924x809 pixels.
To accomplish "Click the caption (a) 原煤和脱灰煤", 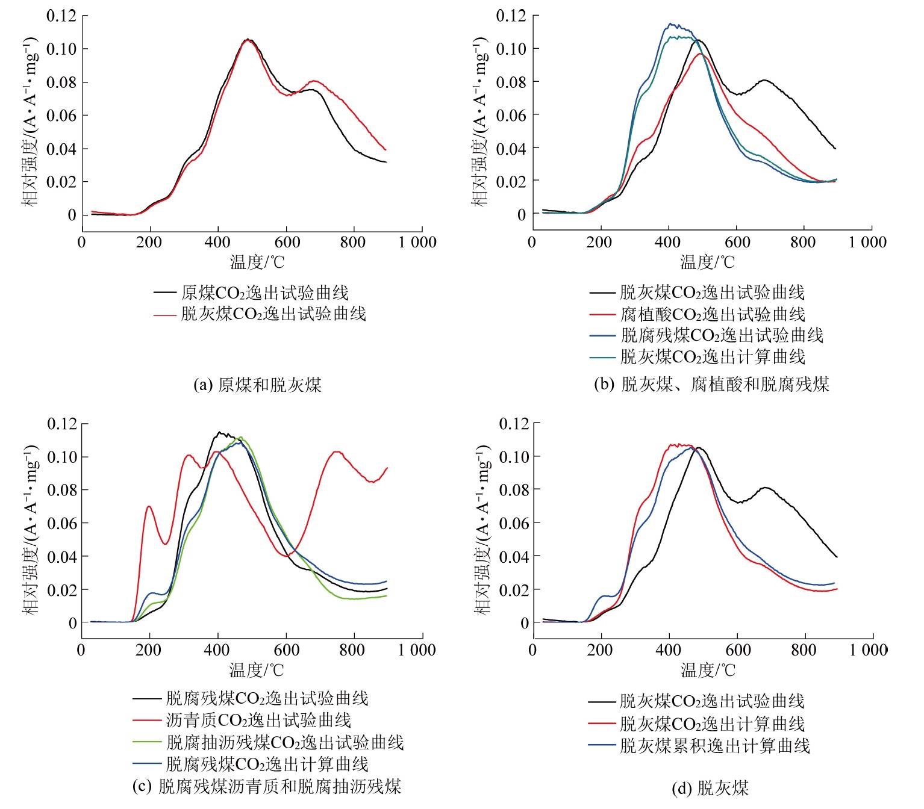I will [257, 385].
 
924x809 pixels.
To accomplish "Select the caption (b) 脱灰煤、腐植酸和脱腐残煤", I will [711, 384].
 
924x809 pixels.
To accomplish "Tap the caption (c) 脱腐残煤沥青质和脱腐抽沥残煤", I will [267, 786].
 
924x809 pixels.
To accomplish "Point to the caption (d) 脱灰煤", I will [710, 788].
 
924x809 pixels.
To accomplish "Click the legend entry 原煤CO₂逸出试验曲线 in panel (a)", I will [264, 293].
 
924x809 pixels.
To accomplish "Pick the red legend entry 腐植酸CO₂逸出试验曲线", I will [712, 314].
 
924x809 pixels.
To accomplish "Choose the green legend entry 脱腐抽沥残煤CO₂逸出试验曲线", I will [284, 742].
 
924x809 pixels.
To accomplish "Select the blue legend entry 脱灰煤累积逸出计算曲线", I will [714, 746].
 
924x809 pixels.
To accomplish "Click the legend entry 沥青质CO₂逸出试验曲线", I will [258, 720].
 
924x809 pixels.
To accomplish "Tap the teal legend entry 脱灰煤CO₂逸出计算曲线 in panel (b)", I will [712, 357].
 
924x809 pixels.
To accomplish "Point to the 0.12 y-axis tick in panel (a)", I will [61, 16].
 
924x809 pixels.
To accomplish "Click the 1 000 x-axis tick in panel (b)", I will [867, 243].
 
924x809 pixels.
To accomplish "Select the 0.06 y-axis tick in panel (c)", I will [62, 523].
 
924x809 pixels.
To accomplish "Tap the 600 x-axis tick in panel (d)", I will [738, 650].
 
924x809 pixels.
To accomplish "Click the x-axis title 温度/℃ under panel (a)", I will [257, 262].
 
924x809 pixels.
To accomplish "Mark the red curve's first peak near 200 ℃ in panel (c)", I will [149, 506].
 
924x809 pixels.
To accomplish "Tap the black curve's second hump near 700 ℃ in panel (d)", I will [765, 488].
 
